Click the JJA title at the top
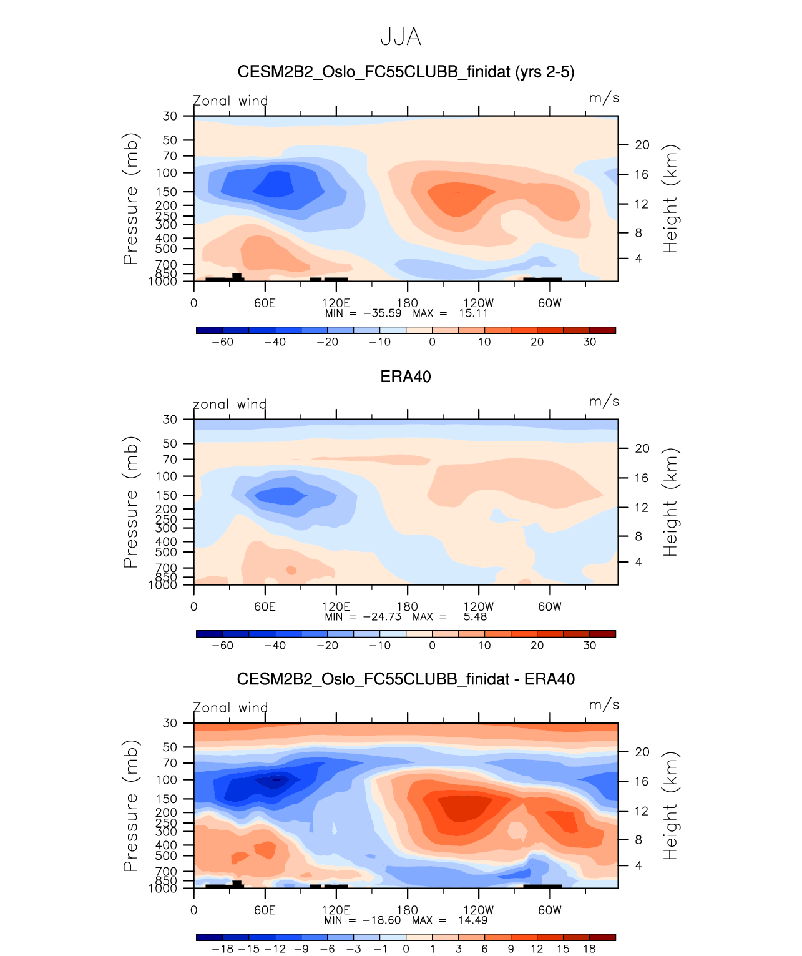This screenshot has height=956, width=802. (401, 37)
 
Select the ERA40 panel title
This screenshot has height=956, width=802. (406, 377)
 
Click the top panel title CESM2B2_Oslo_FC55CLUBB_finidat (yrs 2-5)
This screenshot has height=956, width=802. (406, 72)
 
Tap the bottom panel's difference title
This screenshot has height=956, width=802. (406, 679)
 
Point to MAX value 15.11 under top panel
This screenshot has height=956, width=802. (473, 313)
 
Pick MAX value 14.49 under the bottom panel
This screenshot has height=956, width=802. (472, 920)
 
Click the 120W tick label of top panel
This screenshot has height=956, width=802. (479, 303)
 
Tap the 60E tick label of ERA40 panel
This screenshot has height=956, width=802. (265, 607)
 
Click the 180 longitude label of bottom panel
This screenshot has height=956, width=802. (408, 910)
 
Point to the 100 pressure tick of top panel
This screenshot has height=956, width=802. (167, 173)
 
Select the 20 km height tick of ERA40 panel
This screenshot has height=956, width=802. (642, 449)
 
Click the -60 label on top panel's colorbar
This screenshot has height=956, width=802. (223, 342)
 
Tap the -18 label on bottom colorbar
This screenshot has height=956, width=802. (223, 949)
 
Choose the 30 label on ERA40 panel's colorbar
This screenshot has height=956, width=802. (589, 646)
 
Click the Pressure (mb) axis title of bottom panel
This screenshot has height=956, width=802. (130, 806)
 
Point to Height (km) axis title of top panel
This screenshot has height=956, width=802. (670, 199)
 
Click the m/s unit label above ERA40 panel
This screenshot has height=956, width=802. (604, 402)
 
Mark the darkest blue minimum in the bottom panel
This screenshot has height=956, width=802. (275, 779)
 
